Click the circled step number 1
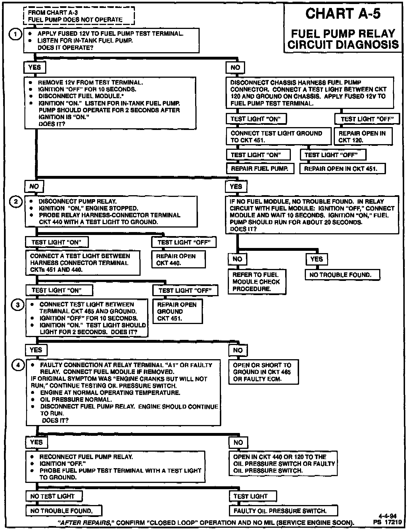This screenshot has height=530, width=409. [16, 35]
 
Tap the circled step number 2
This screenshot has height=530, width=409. [16, 202]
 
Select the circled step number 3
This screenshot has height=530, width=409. [18, 305]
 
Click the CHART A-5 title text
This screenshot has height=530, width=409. [343, 14]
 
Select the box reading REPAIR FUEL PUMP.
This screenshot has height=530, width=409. [260, 169]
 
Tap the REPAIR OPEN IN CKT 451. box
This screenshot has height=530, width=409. [343, 169]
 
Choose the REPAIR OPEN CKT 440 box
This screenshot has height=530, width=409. [178, 259]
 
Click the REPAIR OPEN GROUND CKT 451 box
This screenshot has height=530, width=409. [178, 311]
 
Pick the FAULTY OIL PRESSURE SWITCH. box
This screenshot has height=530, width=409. [283, 511]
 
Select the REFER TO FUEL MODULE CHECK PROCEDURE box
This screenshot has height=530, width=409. [257, 282]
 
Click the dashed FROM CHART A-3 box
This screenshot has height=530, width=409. [79, 16]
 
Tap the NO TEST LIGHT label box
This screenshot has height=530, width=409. [54, 496]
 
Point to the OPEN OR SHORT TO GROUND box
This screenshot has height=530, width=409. [263, 372]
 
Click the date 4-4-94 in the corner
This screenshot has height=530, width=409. [387, 516]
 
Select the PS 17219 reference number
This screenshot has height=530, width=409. [387, 522]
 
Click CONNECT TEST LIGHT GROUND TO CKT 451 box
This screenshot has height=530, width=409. [278, 136]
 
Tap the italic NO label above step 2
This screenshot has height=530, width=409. [34, 186]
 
